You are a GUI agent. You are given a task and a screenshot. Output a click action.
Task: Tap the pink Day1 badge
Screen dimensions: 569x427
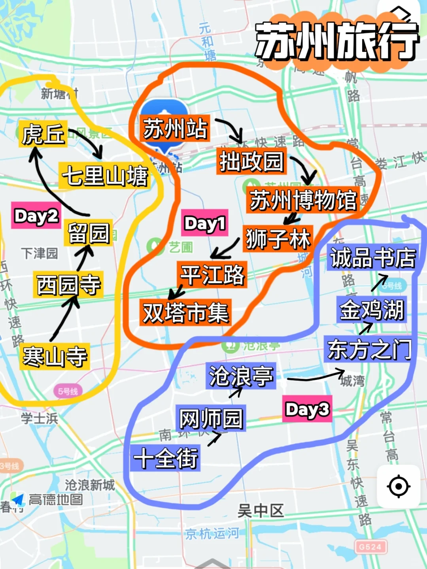[x=205, y=223]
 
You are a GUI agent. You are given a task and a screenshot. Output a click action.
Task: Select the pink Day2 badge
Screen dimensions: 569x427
[x=36, y=216]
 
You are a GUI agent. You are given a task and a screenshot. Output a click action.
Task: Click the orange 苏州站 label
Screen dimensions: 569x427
[x=175, y=129]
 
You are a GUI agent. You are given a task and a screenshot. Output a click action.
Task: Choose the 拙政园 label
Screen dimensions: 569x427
[x=251, y=161]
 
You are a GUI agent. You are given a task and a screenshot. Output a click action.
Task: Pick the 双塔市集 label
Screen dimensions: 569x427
[x=185, y=312]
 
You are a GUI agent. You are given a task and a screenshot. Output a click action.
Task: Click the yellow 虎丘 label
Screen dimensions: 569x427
[x=43, y=134]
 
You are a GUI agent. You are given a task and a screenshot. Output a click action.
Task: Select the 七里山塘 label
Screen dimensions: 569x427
[x=105, y=176]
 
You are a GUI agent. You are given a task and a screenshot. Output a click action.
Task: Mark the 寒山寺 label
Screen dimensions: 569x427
[x=55, y=356]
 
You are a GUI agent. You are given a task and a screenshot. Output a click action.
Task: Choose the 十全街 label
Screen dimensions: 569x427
[x=166, y=458]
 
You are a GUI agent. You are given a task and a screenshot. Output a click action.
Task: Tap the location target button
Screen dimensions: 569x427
[x=398, y=486]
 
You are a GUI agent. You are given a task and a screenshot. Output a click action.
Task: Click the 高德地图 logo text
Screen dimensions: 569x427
[x=55, y=500]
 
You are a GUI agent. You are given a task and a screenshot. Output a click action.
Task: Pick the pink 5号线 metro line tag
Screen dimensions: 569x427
[x=68, y=391]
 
